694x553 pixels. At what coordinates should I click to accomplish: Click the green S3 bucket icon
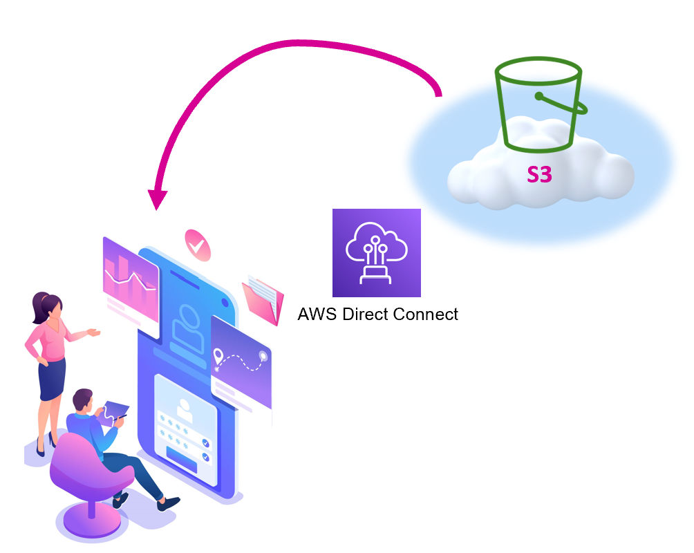click(541, 103)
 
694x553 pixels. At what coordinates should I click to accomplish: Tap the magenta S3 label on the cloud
click(539, 175)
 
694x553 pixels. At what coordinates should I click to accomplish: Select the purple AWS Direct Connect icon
click(376, 252)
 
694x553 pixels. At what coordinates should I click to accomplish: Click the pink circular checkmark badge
click(197, 244)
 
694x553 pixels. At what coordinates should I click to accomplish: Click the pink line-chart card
click(131, 276)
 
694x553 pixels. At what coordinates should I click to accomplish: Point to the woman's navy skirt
click(53, 377)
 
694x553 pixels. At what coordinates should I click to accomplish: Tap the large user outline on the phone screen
click(185, 326)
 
